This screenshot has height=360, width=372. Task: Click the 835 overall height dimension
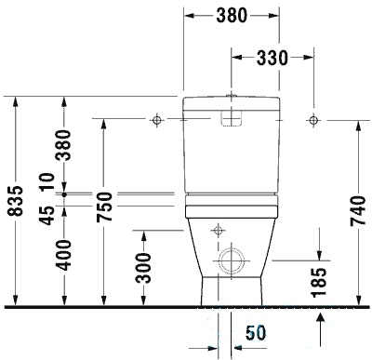click(x=16, y=201)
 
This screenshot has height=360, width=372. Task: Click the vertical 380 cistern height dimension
click(x=63, y=144)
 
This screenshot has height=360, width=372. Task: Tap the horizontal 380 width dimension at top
click(x=232, y=16)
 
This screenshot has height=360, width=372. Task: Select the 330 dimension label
click(x=272, y=58)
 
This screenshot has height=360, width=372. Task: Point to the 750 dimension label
click(x=104, y=207)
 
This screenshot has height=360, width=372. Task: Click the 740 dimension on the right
click(x=358, y=210)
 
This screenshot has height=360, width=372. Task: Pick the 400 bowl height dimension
click(x=63, y=255)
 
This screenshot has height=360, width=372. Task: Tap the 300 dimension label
click(x=143, y=268)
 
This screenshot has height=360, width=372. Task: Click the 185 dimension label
click(x=319, y=283)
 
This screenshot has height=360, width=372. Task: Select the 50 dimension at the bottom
click(x=256, y=333)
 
